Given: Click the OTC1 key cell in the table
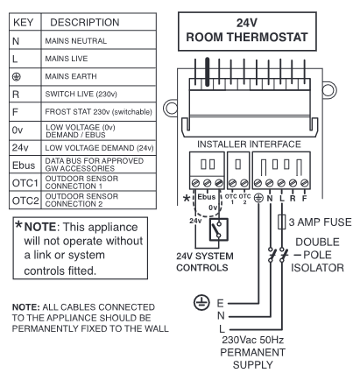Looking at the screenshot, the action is pos(25,183).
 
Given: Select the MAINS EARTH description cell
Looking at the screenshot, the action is pos(99,76).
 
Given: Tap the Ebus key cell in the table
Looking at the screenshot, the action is pos(25,165).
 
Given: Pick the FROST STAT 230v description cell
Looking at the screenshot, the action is pos(99,112).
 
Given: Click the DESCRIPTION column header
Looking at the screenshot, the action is pos(99,22).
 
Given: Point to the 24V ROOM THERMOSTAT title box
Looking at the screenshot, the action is pos(247,32).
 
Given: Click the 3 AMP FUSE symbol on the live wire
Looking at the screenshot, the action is pos(281,222).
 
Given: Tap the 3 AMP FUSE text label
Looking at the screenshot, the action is pos(320,222).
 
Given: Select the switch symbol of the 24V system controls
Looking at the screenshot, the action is pos(219,229).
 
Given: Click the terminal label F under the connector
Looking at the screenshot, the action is pos(305,199).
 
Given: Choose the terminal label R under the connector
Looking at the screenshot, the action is pos(293,199).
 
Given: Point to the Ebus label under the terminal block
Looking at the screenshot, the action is pos(207,197).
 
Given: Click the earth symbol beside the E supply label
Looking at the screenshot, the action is pos(201,302).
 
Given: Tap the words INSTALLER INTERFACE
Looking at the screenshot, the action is pos(249,144).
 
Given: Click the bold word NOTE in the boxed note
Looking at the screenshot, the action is pos(40,227).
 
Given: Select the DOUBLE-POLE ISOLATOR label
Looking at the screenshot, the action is pos(318,255).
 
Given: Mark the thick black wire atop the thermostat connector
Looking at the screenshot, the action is pos(208,72).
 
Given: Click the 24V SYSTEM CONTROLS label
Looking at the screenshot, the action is pos(205,262).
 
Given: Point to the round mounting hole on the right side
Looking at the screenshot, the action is pos(329,89).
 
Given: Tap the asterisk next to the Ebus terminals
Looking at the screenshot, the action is pos(186,199).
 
